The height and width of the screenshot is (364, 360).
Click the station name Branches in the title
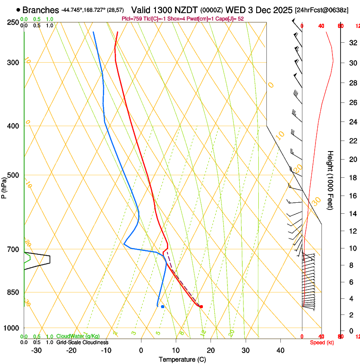click(41, 10)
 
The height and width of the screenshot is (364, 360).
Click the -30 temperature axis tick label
click(36, 350)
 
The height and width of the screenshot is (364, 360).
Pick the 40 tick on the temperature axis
click(280, 350)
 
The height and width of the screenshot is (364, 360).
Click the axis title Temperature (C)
click(182, 359)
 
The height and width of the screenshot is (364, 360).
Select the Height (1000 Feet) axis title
click(331, 180)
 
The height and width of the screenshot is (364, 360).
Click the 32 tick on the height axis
click(352, 42)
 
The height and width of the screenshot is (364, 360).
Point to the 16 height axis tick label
click(352, 196)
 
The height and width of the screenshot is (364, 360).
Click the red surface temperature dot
click(201, 306)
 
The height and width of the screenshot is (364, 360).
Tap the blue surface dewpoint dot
click(163, 306)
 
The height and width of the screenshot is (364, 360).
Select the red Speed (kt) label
click(322, 342)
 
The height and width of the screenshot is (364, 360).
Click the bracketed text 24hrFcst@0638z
click(321, 10)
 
